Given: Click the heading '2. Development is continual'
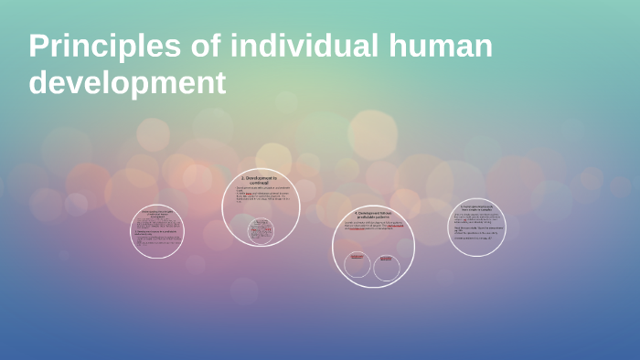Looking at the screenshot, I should pos(263,180).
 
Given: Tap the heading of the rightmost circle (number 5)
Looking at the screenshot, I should pos(476,208).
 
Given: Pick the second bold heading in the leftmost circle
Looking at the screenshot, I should pos(157,234).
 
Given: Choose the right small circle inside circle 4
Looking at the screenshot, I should pos(387,267).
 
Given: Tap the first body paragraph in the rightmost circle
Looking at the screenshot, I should pos(476,219).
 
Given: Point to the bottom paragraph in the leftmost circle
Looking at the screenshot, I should pos(156,241).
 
